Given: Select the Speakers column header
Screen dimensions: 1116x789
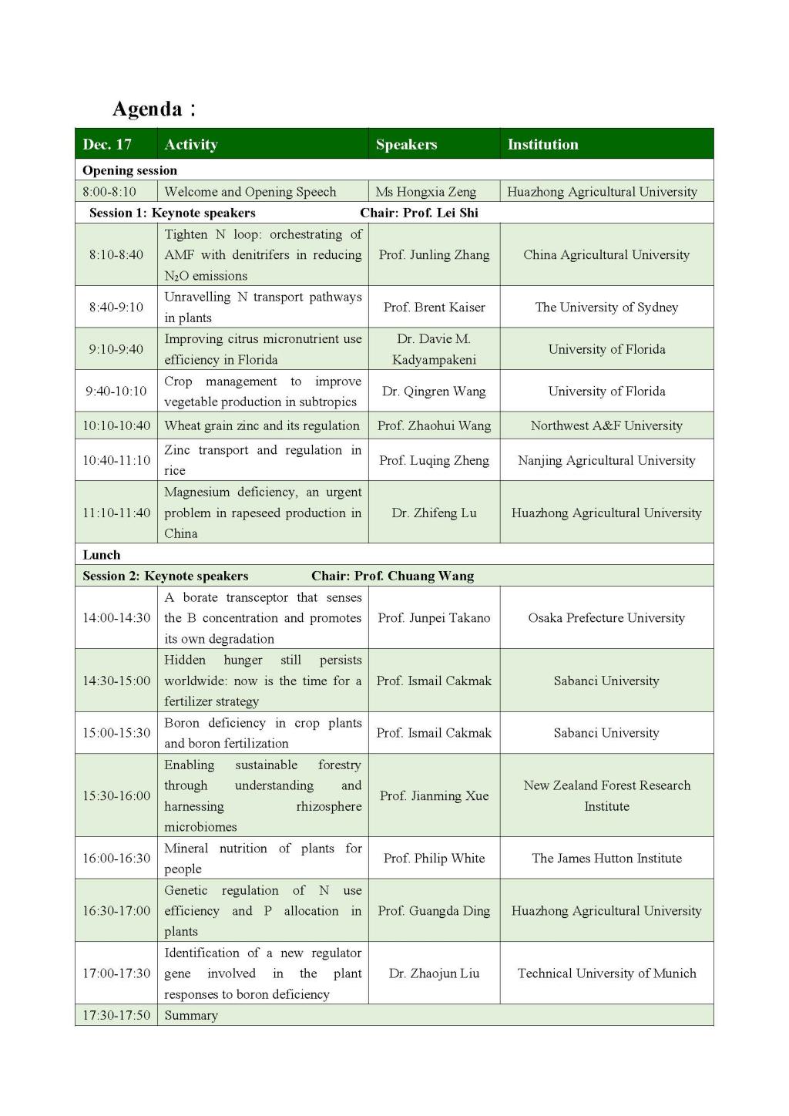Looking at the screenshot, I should (406, 144).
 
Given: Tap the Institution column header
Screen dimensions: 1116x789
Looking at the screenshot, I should (542, 144).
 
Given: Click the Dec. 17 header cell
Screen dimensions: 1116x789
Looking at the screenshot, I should (107, 144).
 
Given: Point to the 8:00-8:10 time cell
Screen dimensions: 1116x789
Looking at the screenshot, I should (109, 192).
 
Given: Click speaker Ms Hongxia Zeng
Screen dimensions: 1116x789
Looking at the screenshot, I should (425, 192).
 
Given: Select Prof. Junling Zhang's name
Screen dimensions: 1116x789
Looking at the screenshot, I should (434, 255).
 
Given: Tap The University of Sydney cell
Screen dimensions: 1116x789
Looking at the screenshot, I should (606, 308).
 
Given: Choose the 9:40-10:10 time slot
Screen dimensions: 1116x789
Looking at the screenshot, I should (116, 391).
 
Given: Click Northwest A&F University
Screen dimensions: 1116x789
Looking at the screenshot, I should (606, 425).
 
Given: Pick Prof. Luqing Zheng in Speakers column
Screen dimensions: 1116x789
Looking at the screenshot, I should (434, 460).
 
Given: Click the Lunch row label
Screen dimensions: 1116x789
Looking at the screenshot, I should (102, 555).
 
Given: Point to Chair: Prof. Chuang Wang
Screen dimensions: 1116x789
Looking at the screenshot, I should (392, 576).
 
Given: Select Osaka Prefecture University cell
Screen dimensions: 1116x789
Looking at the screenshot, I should (606, 618).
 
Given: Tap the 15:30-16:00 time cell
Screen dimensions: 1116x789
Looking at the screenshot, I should (116, 795).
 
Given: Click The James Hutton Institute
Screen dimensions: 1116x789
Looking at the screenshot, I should (606, 859).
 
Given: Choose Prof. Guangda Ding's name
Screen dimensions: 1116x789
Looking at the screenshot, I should (434, 911).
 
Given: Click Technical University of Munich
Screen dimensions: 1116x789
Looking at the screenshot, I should (606, 973).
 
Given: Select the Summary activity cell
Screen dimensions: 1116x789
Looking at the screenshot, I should (191, 1015).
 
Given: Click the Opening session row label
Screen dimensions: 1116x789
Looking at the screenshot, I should (129, 170).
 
